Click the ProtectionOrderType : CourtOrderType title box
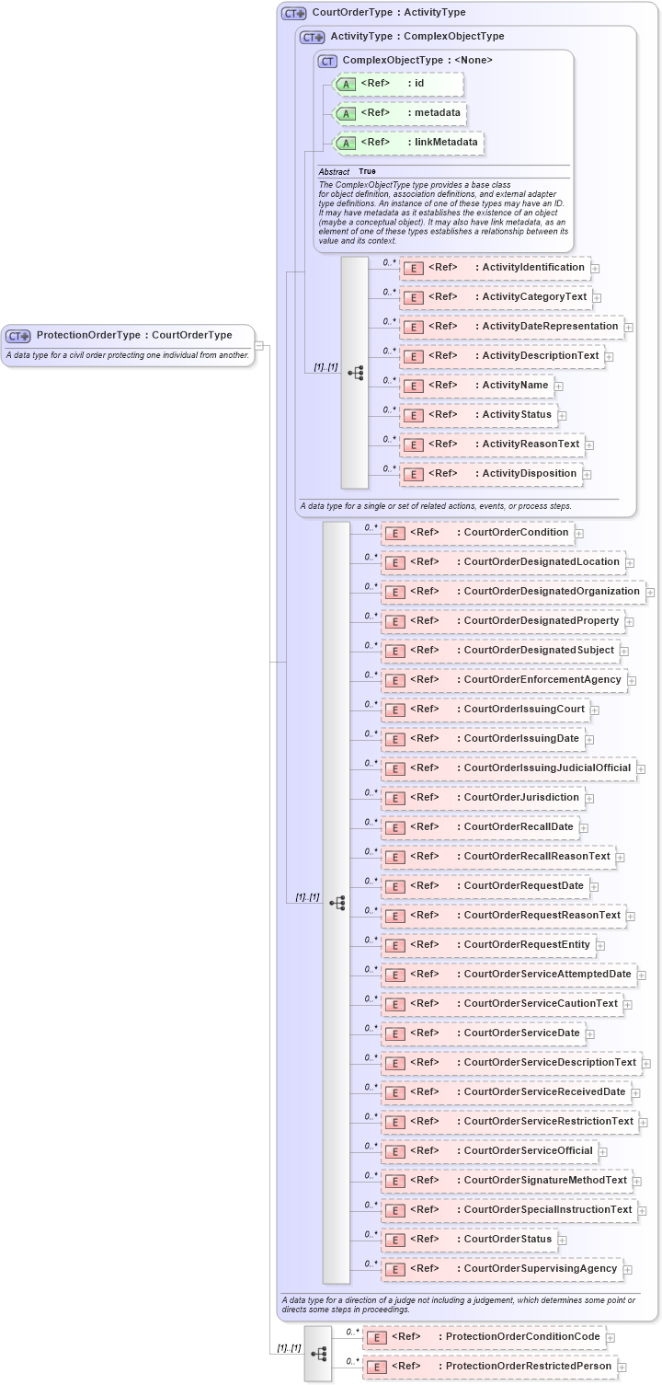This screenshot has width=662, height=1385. click(127, 335)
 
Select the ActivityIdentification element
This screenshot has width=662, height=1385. click(494, 268)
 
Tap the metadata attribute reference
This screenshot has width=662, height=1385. click(400, 113)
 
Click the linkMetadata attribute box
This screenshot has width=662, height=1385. click(408, 143)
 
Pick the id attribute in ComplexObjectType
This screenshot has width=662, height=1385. click(397, 84)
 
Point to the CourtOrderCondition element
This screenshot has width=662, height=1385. click(476, 532)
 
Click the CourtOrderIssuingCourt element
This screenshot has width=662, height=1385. click(484, 710)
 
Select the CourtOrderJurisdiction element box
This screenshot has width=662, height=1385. click(482, 798)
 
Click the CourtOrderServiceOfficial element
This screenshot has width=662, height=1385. click(488, 1151)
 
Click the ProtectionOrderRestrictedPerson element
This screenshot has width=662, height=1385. click(488, 1367)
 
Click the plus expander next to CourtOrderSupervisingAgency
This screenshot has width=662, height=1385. click(629, 1270)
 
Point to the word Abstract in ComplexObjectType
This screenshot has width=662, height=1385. click(334, 171)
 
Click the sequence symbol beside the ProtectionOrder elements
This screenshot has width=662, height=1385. click(318, 1353)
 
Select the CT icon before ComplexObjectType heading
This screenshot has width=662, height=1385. click(327, 61)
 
